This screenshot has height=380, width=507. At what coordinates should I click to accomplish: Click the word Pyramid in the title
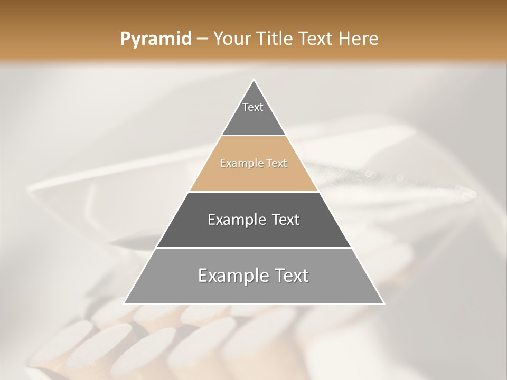155,39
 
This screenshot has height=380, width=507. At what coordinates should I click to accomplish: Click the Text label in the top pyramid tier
253,107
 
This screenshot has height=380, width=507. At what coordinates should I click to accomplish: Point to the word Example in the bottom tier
232,275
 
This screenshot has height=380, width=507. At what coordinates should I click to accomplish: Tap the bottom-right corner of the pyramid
383,303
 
